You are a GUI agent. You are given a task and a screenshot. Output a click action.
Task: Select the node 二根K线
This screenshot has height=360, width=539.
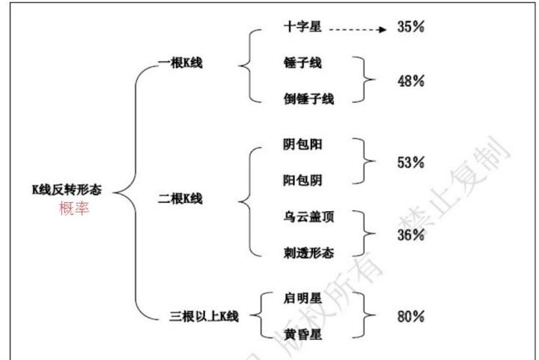tap(183, 199)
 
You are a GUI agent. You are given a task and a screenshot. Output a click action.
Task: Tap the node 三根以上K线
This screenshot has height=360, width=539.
tap(204, 316)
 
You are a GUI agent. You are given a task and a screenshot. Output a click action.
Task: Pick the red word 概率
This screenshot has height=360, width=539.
tap(73, 208)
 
